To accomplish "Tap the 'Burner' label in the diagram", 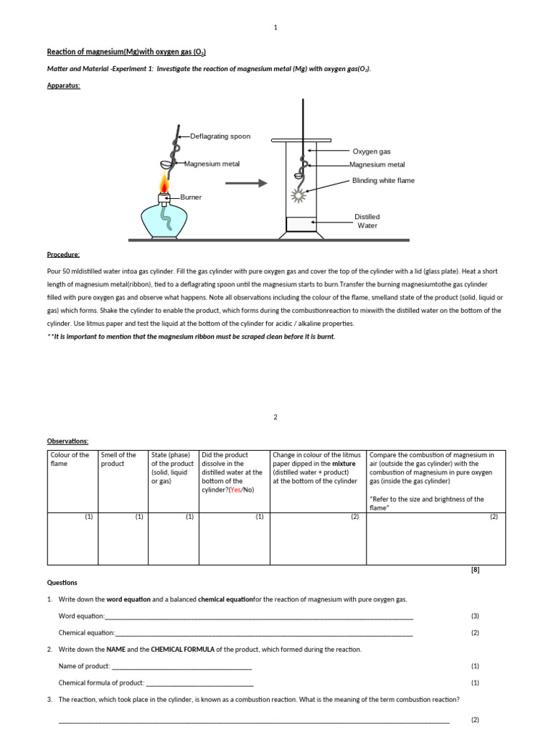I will [191, 197].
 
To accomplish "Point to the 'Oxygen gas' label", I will [372, 151].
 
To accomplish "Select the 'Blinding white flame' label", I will [383, 180].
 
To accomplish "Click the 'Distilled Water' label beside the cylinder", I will [367, 221].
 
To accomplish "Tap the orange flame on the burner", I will [165, 187].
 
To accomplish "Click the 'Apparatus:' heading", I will [64, 85].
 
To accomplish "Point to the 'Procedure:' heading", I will [64, 254].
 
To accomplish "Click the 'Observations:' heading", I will [67, 441].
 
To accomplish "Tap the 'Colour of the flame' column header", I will [70, 459].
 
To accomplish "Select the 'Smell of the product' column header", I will [118, 459].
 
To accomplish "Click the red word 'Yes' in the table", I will [234, 490].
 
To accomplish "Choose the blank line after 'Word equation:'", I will [259, 617].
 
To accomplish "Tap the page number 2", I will [275, 417].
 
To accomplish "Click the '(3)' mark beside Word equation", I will [475, 616].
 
